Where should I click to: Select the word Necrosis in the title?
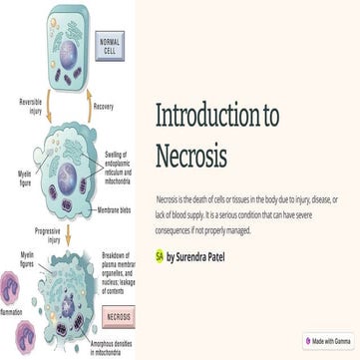pyautogui.click(x=191, y=156)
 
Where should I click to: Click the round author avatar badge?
pyautogui.click(x=160, y=256)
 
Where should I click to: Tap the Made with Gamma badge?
pyautogui.click(x=328, y=341)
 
